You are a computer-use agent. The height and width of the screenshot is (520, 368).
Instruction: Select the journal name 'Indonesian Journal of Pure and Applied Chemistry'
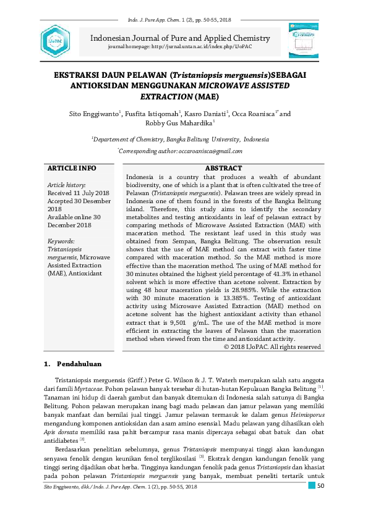pos(180,38)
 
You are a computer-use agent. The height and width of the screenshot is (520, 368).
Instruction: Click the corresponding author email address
pos(210,151)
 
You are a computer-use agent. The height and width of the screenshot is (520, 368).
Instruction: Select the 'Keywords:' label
pos(61,241)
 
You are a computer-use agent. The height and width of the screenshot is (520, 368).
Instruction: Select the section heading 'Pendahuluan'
pos(79,364)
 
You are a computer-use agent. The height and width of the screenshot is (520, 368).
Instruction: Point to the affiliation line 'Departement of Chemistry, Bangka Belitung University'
pos(180,140)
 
